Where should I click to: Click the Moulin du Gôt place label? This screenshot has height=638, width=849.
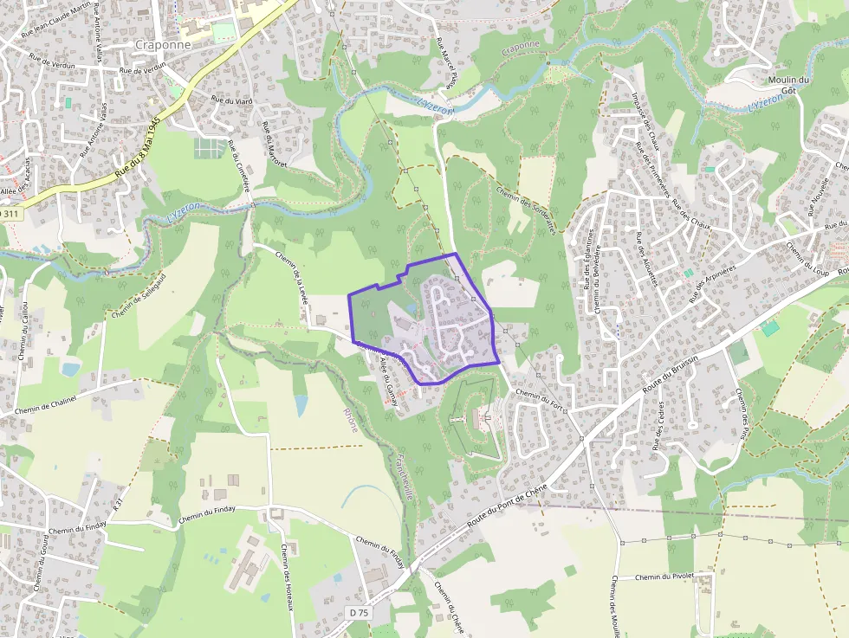point(787,85)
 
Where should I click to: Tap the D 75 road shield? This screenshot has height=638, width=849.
point(359,613)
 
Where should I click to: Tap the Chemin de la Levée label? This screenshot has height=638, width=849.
point(291,279)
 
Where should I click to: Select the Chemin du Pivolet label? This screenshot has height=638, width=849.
point(666,577)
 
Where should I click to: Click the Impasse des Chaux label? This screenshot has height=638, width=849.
point(646,121)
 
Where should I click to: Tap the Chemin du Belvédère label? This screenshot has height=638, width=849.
point(597,285)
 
